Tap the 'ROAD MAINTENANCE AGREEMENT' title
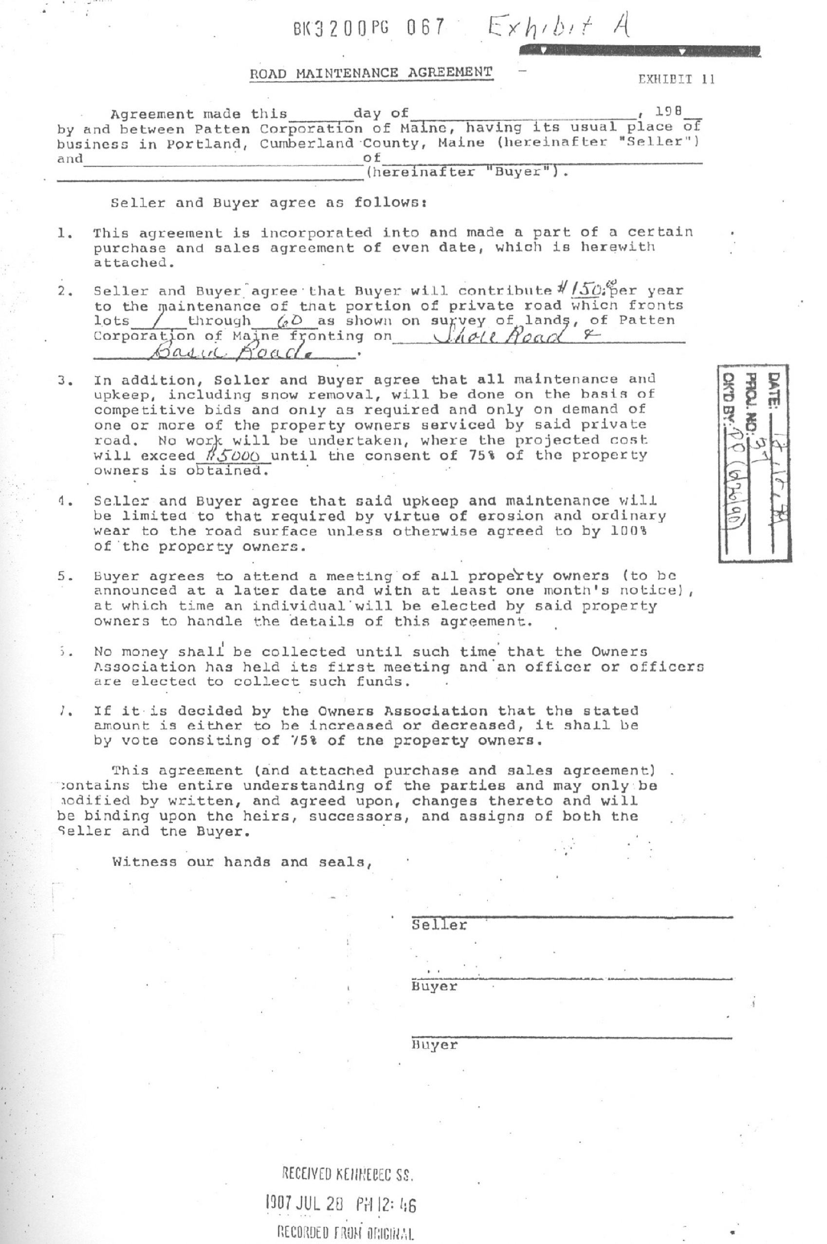coord(371,73)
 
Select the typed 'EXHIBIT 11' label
coord(677,80)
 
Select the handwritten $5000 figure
coord(234,455)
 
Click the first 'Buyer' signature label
coord(434,986)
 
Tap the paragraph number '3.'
coord(65,380)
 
